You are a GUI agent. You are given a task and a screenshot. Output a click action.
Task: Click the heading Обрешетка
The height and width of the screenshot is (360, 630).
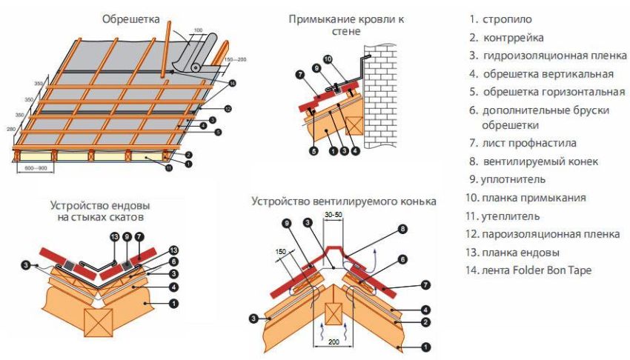(131, 20)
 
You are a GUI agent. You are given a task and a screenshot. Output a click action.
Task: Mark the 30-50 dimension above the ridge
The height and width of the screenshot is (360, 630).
(333, 214)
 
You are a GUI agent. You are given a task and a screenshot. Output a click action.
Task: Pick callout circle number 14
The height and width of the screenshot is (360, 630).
(233, 83)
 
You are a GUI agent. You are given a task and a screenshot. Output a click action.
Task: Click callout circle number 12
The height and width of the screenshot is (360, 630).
(228, 109)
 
